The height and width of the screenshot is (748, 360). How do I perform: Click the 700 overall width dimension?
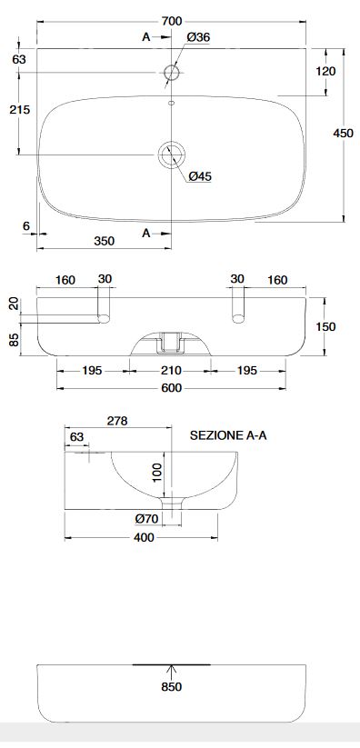(x=172, y=21)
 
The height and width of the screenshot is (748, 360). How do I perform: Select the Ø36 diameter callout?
(x=198, y=37)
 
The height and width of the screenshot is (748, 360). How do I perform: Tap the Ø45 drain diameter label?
(x=200, y=176)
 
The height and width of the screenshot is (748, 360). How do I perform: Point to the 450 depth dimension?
(x=344, y=133)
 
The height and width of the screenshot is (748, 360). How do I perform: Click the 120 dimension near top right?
(x=326, y=71)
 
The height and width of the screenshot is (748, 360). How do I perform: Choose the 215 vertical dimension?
(x=20, y=110)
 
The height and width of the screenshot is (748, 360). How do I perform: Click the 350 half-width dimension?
(x=104, y=241)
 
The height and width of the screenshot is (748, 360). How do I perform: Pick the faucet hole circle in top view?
(x=172, y=73)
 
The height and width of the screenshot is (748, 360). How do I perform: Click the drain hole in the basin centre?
(x=172, y=155)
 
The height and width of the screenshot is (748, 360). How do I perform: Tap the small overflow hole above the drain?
(x=172, y=102)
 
